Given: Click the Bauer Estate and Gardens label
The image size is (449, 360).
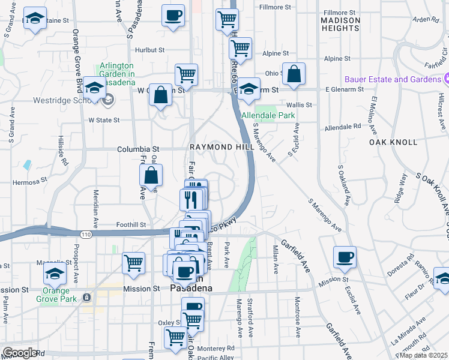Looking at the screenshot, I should point(393,79).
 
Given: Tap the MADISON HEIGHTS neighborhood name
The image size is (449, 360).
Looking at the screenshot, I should point(340,24).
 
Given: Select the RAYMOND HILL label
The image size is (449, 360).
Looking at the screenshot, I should point(219,147).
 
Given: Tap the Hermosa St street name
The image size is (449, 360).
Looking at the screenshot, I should point(31,180).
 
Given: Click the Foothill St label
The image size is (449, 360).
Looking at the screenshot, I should point(131,225).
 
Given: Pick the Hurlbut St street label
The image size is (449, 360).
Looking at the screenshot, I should point(149,50).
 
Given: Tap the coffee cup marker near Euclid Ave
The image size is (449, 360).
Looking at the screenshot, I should point(345,257).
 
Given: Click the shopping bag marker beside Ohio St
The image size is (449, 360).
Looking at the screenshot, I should point(294,74).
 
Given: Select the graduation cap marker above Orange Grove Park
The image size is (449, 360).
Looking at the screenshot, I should point(55,274).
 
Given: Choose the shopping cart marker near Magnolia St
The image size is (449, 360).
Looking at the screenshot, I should point(133,262).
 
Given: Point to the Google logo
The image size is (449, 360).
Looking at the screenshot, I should point(20,353).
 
